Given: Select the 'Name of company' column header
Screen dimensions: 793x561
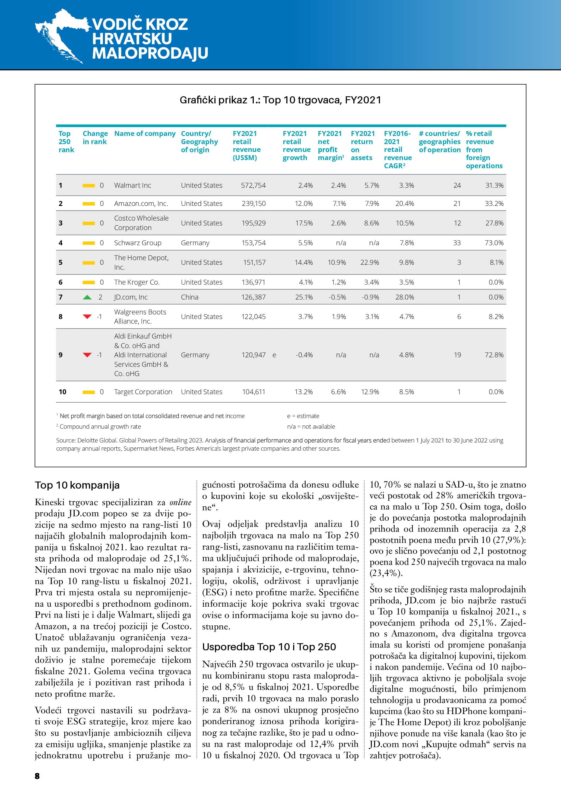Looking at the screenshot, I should pos(145,134).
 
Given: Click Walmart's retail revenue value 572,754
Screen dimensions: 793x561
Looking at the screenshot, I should pos(253,186).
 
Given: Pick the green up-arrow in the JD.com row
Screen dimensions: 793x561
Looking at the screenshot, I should pos(87,297).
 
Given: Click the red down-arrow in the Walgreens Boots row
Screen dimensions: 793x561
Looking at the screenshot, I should pos(87,317).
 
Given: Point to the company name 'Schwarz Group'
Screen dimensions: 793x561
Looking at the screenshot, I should pos(138,243).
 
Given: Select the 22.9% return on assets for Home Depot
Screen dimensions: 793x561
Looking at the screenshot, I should pos(370,263).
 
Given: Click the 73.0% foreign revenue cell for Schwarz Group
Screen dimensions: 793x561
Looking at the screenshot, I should pos(494,243).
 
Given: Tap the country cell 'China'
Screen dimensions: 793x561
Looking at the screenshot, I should pos(190,297).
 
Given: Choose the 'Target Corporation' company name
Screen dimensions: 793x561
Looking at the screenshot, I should pos(143,392).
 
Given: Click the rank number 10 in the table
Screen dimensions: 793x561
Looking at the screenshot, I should pos(62,392).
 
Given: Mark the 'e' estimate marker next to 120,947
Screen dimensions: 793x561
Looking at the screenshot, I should pos(274,355).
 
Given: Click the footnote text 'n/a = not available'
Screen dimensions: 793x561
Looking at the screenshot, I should pos(311,426).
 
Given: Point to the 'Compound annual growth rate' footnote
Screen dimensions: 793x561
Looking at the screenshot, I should pos(100,426).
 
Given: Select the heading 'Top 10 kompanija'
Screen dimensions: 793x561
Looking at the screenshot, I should pos(77,485).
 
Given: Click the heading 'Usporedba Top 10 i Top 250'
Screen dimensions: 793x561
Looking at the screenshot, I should pos(269,647).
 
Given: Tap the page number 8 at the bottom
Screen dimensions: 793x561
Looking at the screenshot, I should pos(37,776).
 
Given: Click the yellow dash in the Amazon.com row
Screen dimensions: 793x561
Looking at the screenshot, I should pos(89,204).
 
